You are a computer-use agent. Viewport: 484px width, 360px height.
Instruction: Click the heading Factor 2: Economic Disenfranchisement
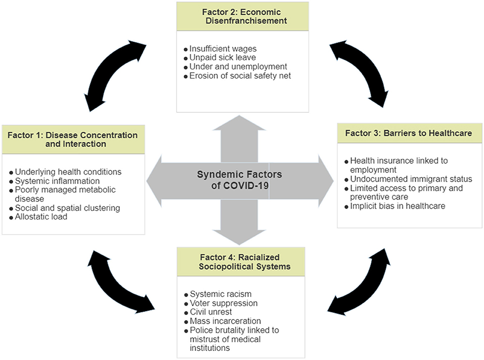(242, 16)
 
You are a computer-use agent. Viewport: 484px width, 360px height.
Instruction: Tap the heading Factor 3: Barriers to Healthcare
(409, 133)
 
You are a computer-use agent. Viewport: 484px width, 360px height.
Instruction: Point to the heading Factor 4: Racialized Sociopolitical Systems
(242, 262)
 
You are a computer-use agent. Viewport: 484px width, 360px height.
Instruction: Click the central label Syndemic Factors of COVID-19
(240, 180)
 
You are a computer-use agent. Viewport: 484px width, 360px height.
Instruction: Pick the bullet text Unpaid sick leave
(221, 58)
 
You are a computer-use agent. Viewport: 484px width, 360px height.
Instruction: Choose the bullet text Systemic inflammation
(57, 181)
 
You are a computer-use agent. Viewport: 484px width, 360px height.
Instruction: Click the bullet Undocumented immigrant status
(411, 179)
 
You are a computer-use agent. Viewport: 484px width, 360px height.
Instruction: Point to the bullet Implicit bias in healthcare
(398, 206)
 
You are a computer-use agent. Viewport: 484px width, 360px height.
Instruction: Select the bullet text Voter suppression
(224, 303)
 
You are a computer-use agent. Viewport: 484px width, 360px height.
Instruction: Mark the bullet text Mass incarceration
(226, 321)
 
